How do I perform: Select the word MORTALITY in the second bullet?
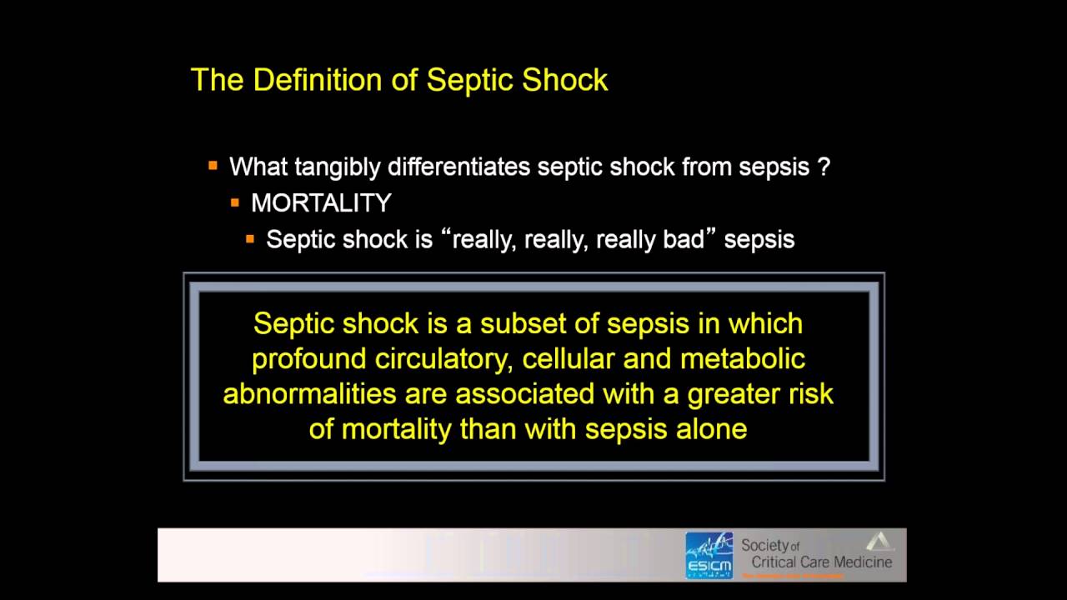321,203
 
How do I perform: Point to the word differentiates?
459,167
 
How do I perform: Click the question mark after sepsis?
824,167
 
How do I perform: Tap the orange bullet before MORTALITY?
235,202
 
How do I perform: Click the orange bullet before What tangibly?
213,166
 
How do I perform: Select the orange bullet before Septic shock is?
250,239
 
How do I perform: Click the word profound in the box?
309,359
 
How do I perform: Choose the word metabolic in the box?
743,359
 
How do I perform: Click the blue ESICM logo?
709,556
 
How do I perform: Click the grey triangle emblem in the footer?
879,542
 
